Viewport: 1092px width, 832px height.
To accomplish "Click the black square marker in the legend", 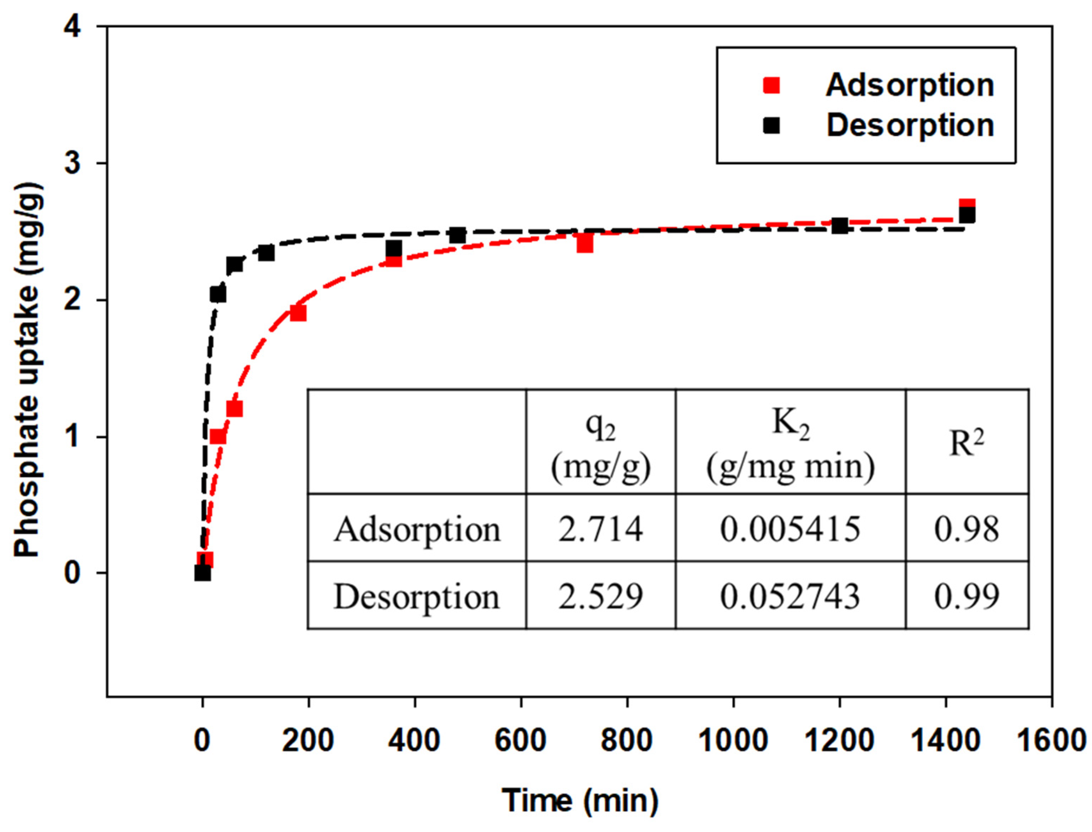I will click(x=771, y=126).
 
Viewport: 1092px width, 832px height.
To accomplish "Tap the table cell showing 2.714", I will click(x=600, y=529).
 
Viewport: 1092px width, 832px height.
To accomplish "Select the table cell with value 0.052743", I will click(x=790, y=596).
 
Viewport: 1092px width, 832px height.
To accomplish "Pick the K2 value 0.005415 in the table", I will click(x=790, y=529).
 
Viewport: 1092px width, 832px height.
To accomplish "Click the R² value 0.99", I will click(x=966, y=596).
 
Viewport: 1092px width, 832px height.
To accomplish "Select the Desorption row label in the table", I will click(x=416, y=596).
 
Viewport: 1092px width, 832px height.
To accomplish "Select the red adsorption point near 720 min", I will click(x=585, y=244).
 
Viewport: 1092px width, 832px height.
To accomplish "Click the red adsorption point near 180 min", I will click(x=298, y=313).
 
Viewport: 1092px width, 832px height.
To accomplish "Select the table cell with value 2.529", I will click(x=600, y=596).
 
